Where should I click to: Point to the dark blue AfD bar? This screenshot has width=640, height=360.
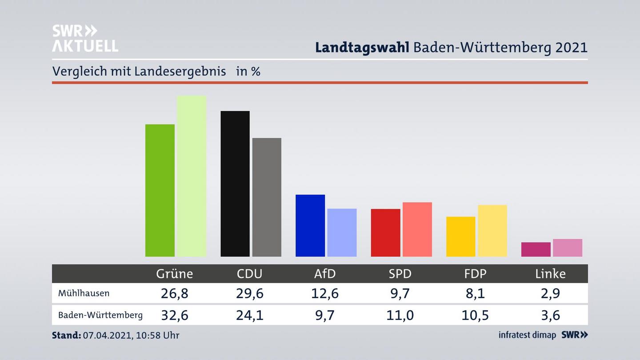coord(310,225)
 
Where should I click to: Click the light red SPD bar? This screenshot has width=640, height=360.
coord(417,229)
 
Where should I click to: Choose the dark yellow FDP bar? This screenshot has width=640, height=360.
coord(460,236)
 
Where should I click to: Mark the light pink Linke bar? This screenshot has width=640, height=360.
coord(567,248)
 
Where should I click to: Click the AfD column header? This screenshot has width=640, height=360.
coord(325,273)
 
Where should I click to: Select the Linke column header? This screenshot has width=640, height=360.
coord(550,273)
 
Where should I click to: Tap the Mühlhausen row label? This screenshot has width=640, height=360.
coord(84,293)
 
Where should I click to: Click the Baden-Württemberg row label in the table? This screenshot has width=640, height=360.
coord(100,315)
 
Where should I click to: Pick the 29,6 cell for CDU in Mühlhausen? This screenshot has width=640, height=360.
coord(250,293)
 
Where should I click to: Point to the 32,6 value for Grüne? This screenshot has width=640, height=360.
coord(174,315)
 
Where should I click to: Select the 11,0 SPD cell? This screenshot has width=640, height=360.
coord(400,315)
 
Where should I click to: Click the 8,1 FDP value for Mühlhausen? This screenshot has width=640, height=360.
coord(476,293)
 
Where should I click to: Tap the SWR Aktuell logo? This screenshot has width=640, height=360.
coord(85,38)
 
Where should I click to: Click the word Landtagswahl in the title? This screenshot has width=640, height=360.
coord(362,48)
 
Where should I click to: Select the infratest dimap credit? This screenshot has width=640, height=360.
coord(527,335)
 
